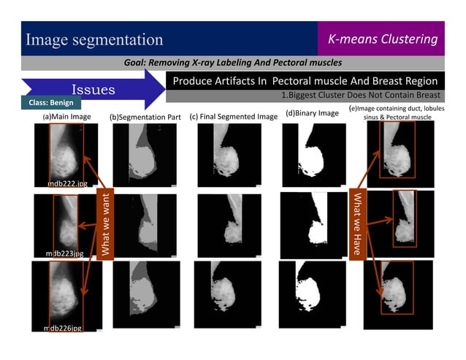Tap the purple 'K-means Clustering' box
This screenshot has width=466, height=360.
point(382,39)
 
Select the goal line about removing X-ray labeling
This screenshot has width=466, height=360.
point(234,63)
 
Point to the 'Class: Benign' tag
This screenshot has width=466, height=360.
point(51,104)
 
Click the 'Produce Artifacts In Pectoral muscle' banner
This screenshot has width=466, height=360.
point(305,80)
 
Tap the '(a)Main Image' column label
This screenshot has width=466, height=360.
point(66,116)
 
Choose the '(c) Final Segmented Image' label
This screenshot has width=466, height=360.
point(234,116)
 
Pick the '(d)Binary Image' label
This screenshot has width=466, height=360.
point(312,113)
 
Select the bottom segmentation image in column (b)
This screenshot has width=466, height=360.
point(145,292)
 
